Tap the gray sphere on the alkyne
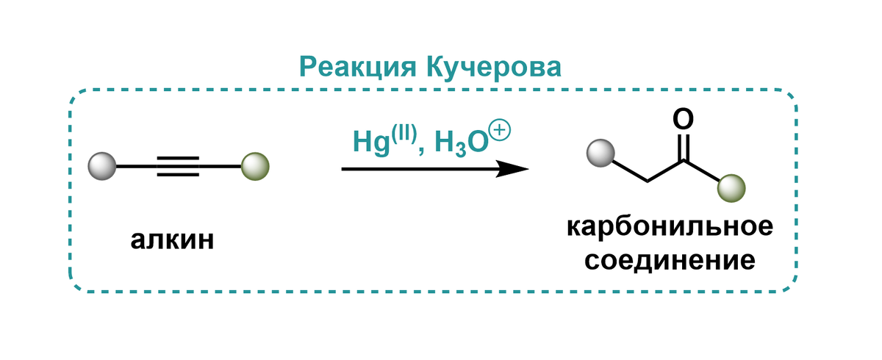[x=101, y=166]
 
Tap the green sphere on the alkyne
[x=255, y=166]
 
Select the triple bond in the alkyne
[x=177, y=166]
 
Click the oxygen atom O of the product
[x=683, y=118]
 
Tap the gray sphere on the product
[x=600, y=154]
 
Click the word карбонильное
[x=670, y=226]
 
